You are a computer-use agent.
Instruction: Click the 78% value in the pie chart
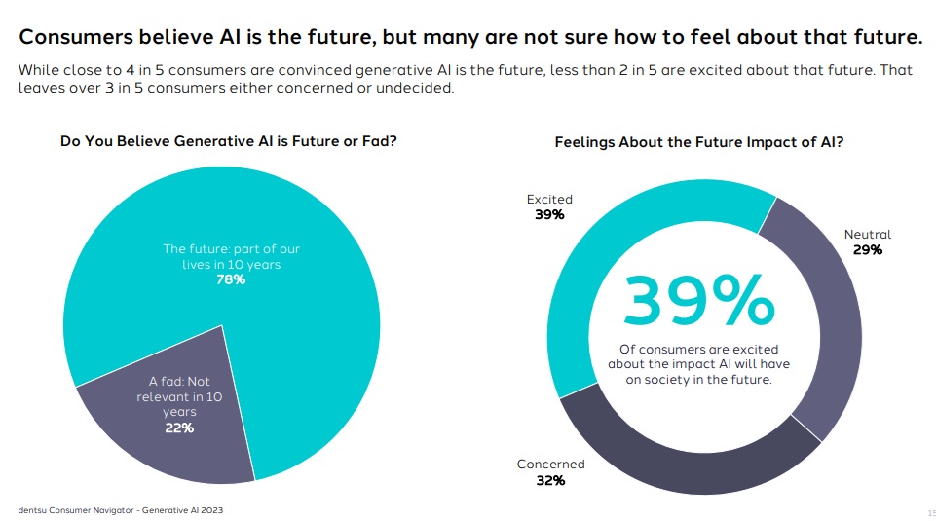coord(230,279)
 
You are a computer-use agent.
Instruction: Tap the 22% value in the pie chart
coord(178,428)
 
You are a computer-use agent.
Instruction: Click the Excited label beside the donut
coord(549,200)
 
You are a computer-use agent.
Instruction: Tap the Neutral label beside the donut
coord(867,235)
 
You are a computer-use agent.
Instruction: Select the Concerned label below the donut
coord(550,465)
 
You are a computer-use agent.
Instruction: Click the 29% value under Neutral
coord(867,250)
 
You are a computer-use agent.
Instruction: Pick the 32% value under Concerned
coord(550,480)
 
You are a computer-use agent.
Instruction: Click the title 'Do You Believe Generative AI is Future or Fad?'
coord(228,141)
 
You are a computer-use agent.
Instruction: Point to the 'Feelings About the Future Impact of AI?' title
coord(698,142)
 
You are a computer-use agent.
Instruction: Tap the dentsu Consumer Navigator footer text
coord(126,509)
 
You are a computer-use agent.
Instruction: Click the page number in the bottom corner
coord(930,510)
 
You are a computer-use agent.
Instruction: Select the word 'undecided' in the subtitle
coord(421,89)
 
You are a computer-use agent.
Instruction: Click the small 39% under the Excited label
coord(549,215)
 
